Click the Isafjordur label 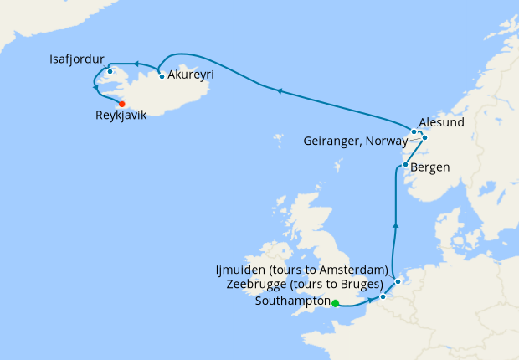click(x=77, y=60)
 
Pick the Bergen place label click(x=430, y=167)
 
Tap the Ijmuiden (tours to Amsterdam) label click(x=302, y=270)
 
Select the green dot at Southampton click(x=335, y=303)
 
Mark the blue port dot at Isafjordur click(x=110, y=71)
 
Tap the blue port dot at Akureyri click(x=161, y=77)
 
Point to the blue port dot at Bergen click(x=405, y=165)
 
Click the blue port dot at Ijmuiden click(x=398, y=281)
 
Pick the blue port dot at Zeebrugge click(x=383, y=296)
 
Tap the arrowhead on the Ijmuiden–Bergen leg click(x=394, y=224)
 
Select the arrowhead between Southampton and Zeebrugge click(x=369, y=300)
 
